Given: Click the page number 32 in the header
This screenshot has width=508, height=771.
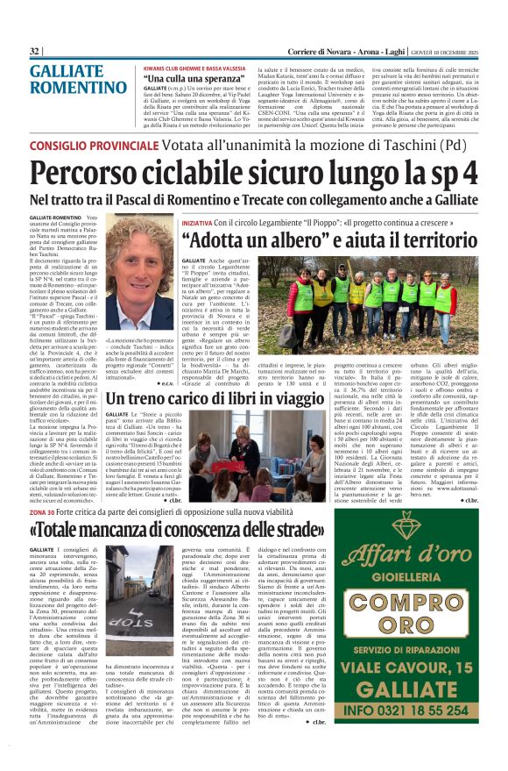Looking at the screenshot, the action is pyautogui.click(x=35, y=52).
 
